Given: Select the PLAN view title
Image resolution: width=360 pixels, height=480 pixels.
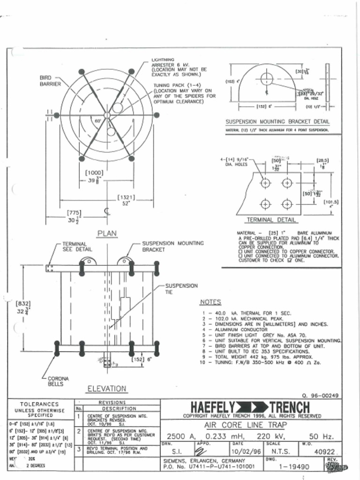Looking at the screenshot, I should pos(107,233).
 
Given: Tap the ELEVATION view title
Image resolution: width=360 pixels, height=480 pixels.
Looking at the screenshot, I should pos(106,389).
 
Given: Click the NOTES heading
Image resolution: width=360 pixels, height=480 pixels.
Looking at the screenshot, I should pos(210,302).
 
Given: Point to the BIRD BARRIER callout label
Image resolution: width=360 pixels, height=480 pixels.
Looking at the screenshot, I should pos(50,81).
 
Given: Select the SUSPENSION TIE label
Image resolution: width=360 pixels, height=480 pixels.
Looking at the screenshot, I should pos(181,288).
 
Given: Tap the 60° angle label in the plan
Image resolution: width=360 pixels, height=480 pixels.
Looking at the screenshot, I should pos(98,121).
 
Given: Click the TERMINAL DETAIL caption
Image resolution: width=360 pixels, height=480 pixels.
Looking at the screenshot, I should pos(271,220).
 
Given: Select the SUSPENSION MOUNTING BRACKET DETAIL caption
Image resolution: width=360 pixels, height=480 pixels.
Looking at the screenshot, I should pos(277,121).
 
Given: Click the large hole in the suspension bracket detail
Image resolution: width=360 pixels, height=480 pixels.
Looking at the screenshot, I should pos(267,78).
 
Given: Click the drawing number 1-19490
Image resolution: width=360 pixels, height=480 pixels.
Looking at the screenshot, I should pos(294,467).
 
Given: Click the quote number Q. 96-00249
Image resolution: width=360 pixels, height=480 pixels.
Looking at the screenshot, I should pos(322,395).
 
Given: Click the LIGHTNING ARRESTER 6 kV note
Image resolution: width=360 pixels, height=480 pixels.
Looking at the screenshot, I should pos(179,67).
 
